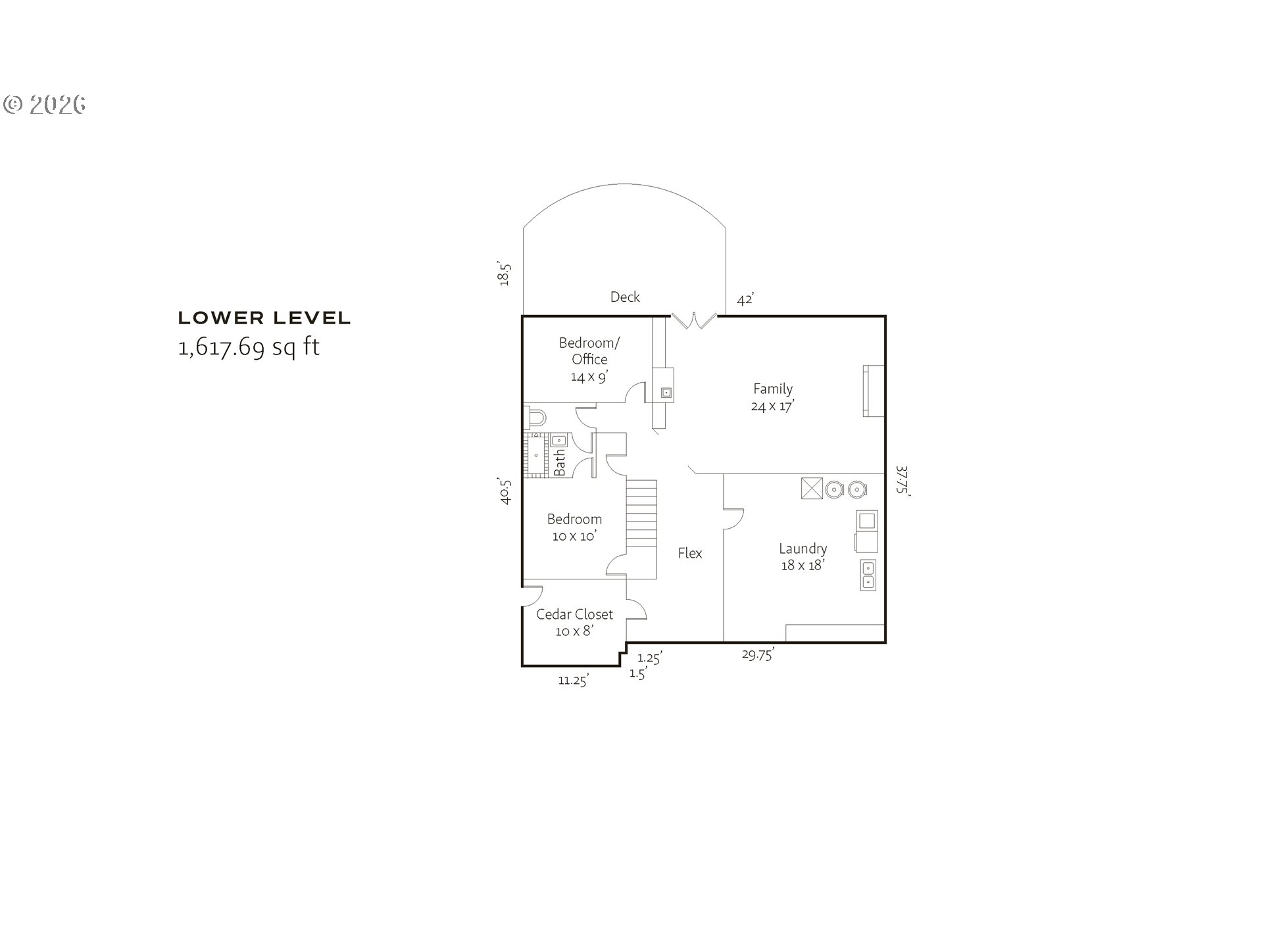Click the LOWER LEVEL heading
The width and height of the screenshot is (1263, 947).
[x=264, y=318]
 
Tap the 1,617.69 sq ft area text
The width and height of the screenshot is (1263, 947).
[x=249, y=347]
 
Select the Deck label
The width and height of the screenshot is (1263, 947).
[x=625, y=297]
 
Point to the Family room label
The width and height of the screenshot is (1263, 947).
[x=773, y=389]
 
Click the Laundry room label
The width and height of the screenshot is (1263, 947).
[x=803, y=548]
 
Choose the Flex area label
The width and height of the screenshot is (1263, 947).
[x=690, y=553]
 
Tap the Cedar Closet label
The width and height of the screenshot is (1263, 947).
[x=574, y=614]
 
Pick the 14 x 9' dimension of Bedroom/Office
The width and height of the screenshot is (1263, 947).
[x=589, y=377]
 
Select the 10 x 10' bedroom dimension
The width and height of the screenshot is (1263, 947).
[x=574, y=536]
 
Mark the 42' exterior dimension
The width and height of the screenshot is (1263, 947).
[x=745, y=300]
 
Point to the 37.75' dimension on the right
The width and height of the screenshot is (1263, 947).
[x=903, y=481]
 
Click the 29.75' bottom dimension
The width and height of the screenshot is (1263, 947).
[x=758, y=654]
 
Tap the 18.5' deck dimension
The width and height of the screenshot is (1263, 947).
[x=505, y=274]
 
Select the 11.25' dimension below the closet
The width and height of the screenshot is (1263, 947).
[x=573, y=681]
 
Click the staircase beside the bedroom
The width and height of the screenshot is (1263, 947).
[x=641, y=513]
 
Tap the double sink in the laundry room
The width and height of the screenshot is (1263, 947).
[x=868, y=575]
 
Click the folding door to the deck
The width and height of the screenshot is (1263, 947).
[x=693, y=320]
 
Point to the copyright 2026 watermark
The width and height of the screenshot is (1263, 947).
[x=45, y=105]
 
